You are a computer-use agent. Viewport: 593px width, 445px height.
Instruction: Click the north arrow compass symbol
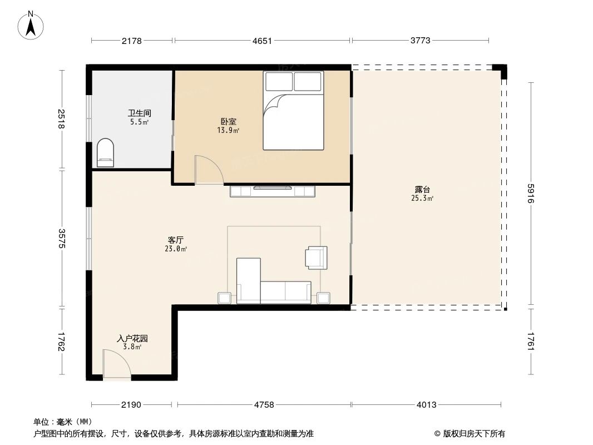coord(31,26)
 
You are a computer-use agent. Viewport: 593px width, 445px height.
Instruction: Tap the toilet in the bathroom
coord(105,153)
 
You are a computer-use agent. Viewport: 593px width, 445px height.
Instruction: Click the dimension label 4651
coord(262,41)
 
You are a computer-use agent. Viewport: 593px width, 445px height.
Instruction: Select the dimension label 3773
coord(420,40)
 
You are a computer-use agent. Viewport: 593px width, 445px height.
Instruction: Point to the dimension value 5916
coord(531,194)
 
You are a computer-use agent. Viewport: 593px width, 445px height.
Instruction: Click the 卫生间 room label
coord(140,113)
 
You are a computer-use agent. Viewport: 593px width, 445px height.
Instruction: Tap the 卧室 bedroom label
coord(229,121)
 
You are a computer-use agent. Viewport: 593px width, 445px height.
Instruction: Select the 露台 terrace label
coord(422,190)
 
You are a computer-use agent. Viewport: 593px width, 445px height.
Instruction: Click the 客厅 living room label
coord(176,240)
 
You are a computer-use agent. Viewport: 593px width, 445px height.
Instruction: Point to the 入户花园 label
coord(132,338)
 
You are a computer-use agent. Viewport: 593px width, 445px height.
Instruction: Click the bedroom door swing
coord(208,170)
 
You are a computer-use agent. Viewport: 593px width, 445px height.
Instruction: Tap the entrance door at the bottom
coord(117,365)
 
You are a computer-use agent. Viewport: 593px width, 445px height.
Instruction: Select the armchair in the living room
coord(317,258)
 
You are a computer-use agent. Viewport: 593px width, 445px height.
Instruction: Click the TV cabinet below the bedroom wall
coord(273,191)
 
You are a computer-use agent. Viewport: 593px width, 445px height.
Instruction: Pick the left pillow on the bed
coord(279,82)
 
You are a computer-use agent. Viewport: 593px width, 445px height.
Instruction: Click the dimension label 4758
coord(264,404)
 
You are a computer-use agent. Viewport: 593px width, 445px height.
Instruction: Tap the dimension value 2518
coord(61,118)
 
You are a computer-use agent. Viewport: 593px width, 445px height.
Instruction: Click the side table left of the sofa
coord(225,298)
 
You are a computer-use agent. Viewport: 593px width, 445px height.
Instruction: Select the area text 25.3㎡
coord(422,198)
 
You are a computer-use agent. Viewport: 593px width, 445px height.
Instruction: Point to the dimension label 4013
coord(427,404)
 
